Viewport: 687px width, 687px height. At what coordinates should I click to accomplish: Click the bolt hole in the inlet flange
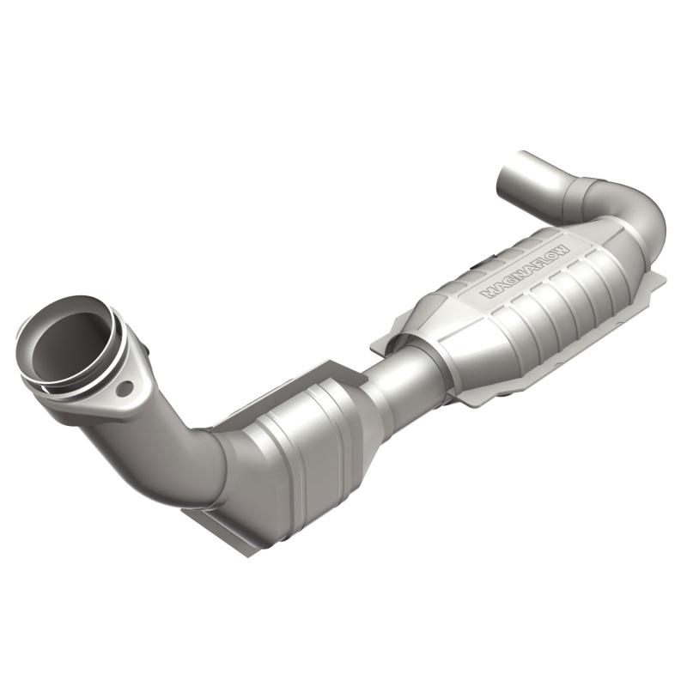(x=125, y=388)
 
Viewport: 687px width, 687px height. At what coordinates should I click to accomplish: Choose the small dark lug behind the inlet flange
(x=148, y=350)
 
